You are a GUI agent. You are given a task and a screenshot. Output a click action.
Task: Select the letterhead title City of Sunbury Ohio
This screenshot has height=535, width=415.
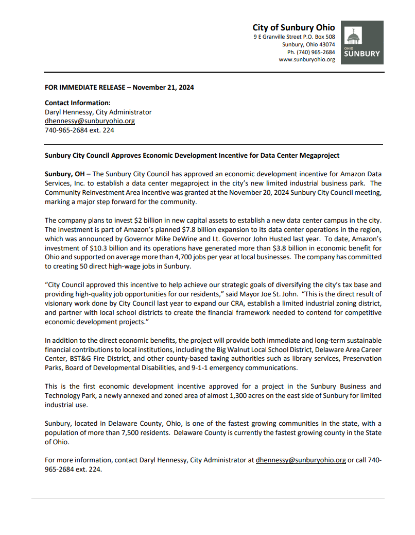(x=293, y=28)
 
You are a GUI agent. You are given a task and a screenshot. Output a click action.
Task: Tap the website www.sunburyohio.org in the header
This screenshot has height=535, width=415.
(x=307, y=60)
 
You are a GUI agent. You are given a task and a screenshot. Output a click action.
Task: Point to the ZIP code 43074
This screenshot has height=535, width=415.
(x=326, y=45)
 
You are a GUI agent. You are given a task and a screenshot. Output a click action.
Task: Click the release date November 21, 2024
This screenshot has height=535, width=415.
(x=163, y=88)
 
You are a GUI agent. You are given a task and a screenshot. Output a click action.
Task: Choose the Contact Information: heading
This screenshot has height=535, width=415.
(x=78, y=103)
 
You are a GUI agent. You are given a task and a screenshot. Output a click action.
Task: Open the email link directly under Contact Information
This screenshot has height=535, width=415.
(x=90, y=121)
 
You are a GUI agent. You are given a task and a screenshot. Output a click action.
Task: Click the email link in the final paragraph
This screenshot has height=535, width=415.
(x=301, y=460)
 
